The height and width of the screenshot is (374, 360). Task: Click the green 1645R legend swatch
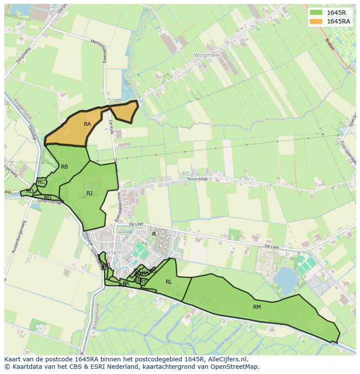pos(316,13)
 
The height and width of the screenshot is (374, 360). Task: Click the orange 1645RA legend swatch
pos(316,21)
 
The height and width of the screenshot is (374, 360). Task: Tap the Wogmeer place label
pos(207,56)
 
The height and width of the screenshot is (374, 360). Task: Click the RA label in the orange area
pos(87,124)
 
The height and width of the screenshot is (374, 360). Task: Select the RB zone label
pos(64,167)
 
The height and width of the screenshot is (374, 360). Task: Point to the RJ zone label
pos(90,193)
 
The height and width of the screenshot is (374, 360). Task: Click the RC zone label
pos(41,182)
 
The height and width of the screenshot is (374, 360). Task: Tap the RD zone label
pos(30,191)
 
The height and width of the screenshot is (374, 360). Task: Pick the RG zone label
pos(48,198)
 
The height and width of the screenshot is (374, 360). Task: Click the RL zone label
pos(169,282)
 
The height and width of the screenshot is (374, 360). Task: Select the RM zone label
pos(257,307)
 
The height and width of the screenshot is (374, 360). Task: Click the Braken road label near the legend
pos(330,44)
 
